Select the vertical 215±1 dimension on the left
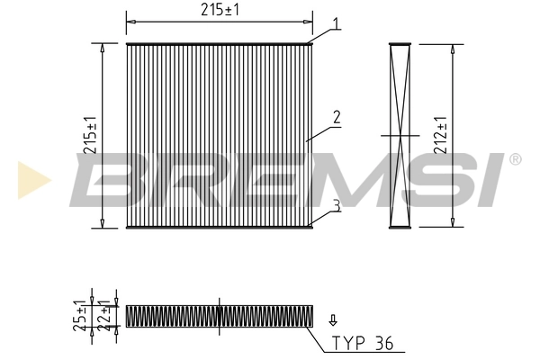point(90,135)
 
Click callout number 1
point(337,25)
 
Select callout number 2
point(336,116)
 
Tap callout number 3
point(336,206)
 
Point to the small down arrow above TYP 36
point(334,319)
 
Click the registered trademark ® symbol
point(515,160)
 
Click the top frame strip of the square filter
point(219,43)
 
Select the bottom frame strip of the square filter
point(219,227)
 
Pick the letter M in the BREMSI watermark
point(351,179)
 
